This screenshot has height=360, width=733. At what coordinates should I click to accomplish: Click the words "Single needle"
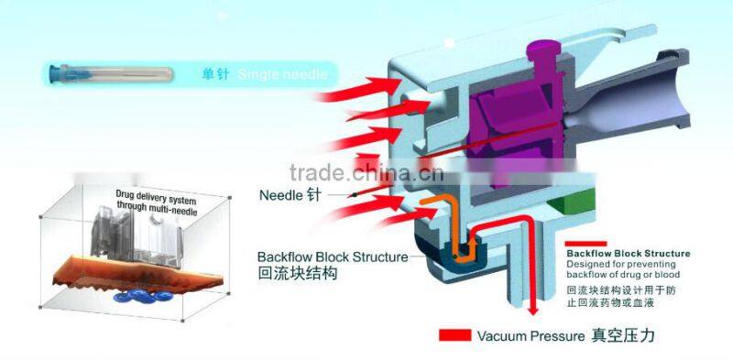(281, 73)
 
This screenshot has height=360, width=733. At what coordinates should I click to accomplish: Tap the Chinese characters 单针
(217, 73)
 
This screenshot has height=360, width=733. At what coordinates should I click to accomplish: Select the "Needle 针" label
(290, 194)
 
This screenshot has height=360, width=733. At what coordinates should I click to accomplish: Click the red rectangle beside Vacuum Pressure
(455, 335)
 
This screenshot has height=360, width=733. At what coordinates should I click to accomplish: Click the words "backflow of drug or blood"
(624, 275)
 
